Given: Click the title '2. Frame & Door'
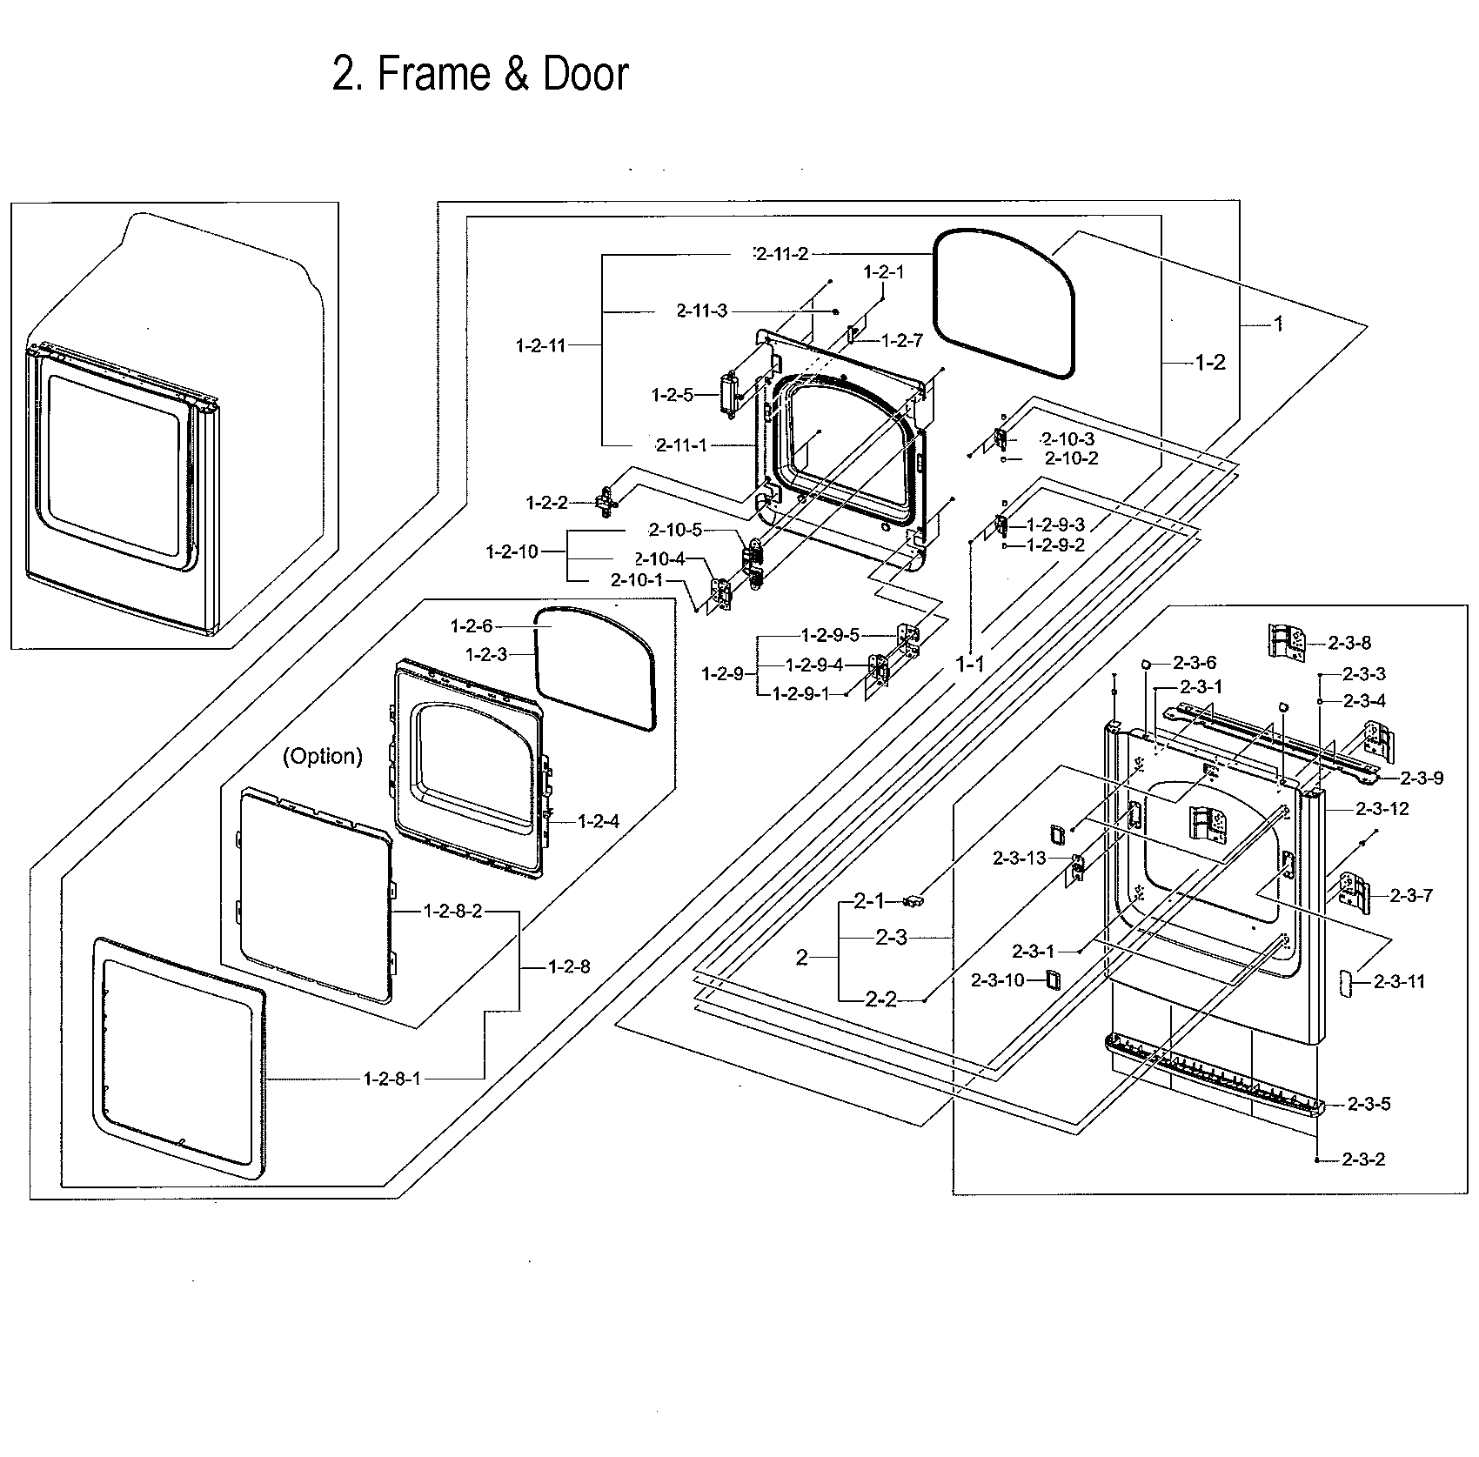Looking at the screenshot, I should coord(480,74).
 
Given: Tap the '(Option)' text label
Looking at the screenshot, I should coord(322,756).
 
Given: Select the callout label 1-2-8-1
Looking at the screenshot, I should coord(391,1079).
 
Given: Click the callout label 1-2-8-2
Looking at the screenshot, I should coord(452,911).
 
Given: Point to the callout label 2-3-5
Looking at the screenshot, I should coord(1369,1104).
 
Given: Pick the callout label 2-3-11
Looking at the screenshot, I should coord(1399,981).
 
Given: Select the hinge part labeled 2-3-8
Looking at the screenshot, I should coord(1287,643).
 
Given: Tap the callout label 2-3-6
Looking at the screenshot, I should coord(1194,663).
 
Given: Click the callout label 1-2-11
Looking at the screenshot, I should coord(540,345).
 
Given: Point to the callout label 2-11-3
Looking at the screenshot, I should coord(701,311).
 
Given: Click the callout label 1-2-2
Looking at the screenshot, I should coord(546,502).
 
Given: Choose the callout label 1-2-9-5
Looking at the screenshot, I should coord(830,633).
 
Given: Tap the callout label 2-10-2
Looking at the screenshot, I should coord(1071,458).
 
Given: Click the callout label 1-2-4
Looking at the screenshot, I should coord(597,820).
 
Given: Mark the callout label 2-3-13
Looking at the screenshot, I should coord(1020,859).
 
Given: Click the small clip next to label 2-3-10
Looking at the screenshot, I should coord(1053,979).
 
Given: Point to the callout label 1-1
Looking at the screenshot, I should coord(970,664).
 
